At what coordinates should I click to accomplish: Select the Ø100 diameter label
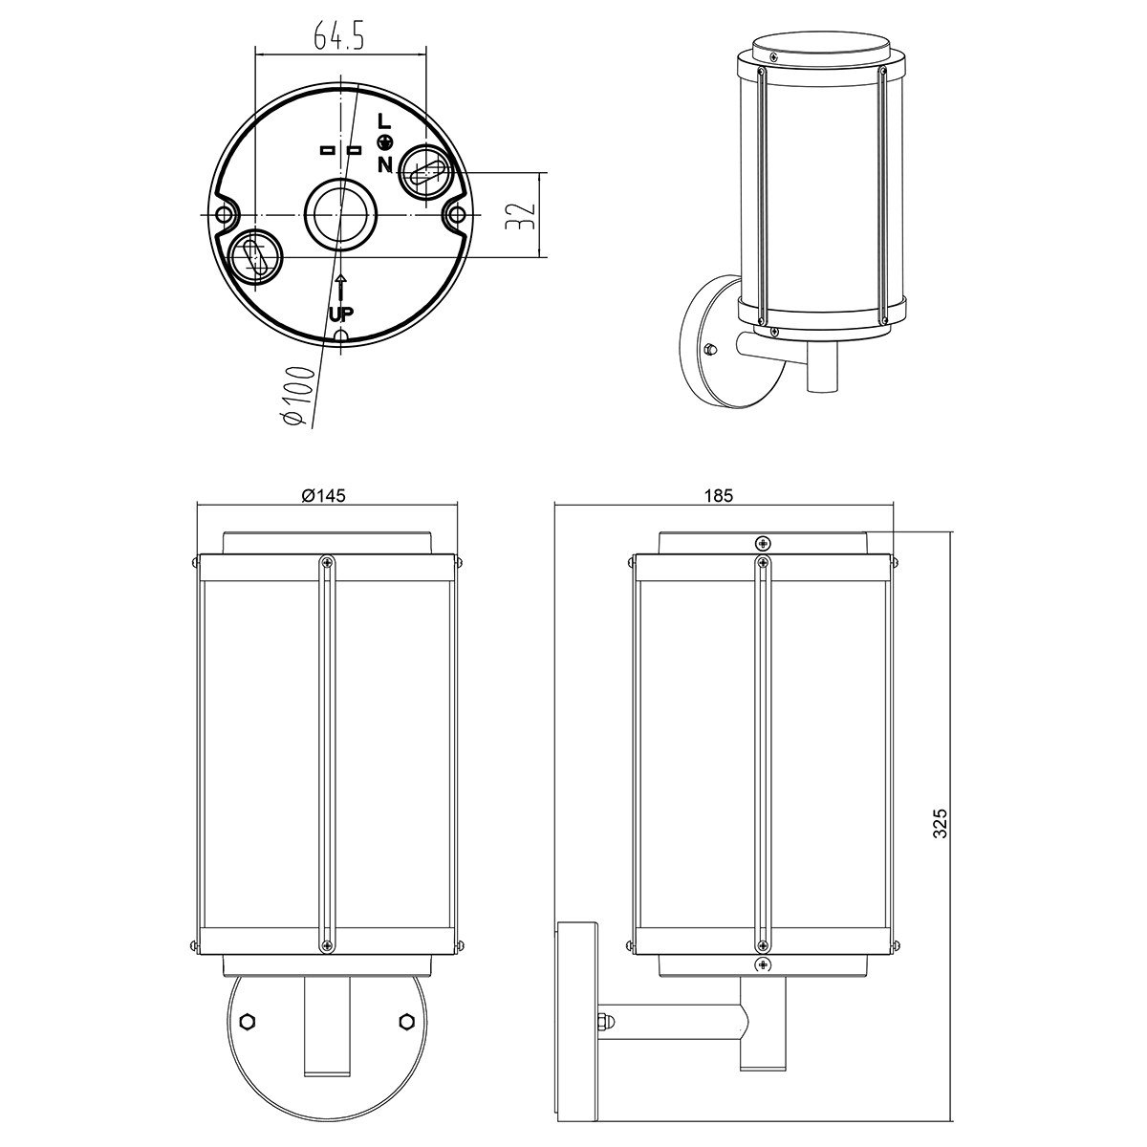(298, 396)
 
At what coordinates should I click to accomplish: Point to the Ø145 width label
(323, 495)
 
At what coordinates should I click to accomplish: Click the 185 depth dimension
(719, 495)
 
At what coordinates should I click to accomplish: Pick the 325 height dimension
(940, 823)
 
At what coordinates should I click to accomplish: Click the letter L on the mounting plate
(384, 122)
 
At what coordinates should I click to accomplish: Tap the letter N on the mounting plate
(384, 163)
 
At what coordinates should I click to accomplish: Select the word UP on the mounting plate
(341, 314)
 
